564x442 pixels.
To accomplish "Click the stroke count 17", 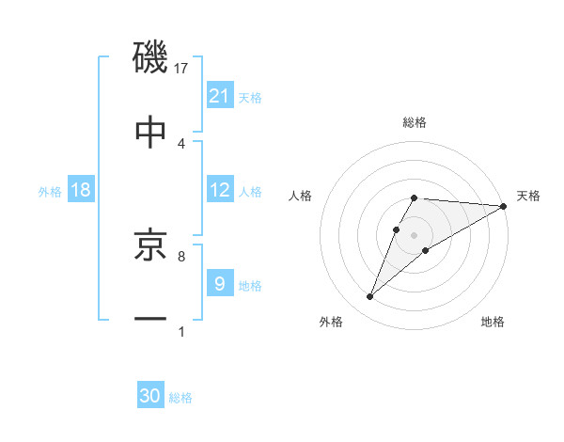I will click(x=181, y=68).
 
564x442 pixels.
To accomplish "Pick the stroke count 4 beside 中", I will click(x=181, y=144).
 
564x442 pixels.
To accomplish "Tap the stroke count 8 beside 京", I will click(x=181, y=255).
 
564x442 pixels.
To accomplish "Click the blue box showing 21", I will click(x=220, y=95).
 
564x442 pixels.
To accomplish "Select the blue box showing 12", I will click(x=220, y=190).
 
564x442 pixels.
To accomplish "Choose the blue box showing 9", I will click(x=220, y=283).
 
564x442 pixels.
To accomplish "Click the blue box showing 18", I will click(x=81, y=190).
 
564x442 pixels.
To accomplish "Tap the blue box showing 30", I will click(x=150, y=396).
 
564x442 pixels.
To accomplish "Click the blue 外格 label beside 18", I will click(x=50, y=191).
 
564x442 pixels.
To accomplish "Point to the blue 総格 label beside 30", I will click(x=180, y=397).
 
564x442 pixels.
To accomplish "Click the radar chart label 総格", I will click(x=415, y=122).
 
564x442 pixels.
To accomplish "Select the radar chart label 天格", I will click(x=529, y=196).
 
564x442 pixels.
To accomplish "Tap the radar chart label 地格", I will click(x=493, y=322).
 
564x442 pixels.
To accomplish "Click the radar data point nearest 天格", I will click(x=504, y=206).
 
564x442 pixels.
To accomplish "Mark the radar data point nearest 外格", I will click(x=370, y=297).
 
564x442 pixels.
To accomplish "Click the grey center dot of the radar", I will click(x=415, y=234).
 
